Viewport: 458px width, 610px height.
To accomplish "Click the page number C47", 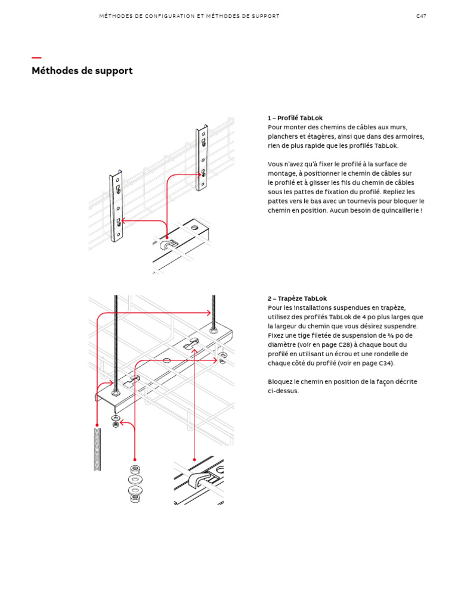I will (x=421, y=16).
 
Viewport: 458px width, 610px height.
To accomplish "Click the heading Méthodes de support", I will (x=82, y=71).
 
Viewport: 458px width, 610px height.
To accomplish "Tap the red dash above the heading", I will (x=36, y=58).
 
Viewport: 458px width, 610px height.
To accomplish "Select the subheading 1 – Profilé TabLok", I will (x=295, y=118).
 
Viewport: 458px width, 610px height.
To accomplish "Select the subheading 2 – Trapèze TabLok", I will (x=297, y=298).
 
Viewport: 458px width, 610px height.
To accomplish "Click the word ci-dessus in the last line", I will (x=283, y=391).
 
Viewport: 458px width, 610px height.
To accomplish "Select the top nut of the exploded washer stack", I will (x=135, y=470).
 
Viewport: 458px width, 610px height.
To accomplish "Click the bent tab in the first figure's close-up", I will (x=168, y=243).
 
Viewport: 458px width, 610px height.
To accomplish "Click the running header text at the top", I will (x=189, y=16).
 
